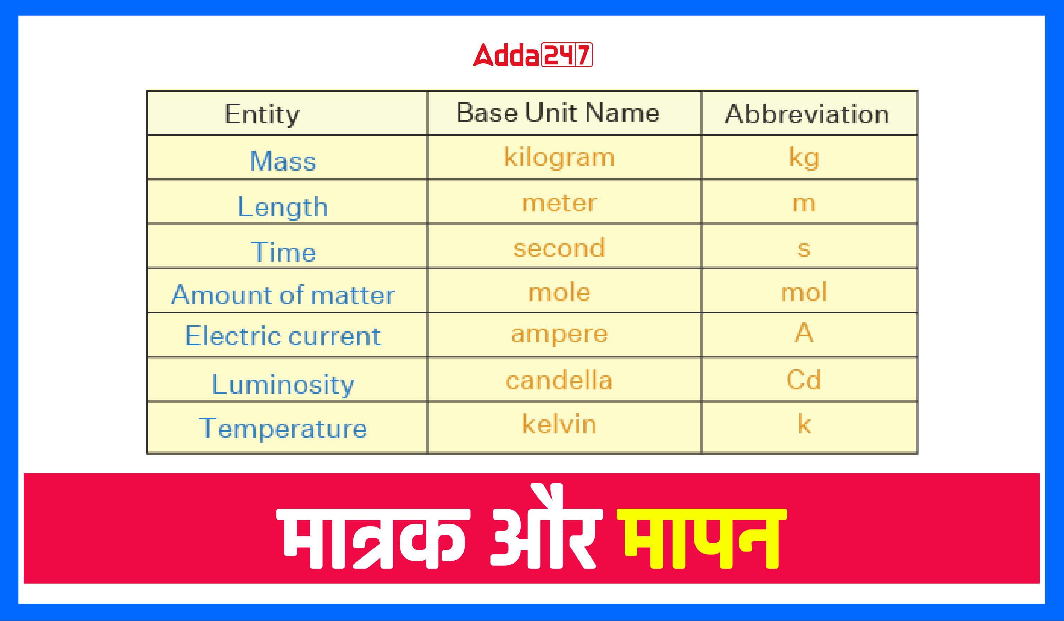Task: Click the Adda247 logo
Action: click(x=533, y=55)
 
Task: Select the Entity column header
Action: click(x=262, y=114)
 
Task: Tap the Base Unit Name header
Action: click(x=558, y=113)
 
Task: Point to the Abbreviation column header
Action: click(x=807, y=114)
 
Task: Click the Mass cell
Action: click(x=283, y=161)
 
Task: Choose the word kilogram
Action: click(x=559, y=158)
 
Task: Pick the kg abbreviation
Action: click(x=804, y=158)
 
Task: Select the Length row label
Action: click(x=283, y=207)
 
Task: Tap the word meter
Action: click(x=559, y=203)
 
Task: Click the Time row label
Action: click(x=283, y=252)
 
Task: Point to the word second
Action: click(x=559, y=248)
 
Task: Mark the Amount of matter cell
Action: click(x=283, y=295)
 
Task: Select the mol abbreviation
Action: click(x=804, y=292)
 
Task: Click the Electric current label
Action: click(x=283, y=336)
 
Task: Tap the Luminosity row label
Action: click(x=283, y=384)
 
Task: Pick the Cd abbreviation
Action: click(x=804, y=379)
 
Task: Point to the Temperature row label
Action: click(x=283, y=428)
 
